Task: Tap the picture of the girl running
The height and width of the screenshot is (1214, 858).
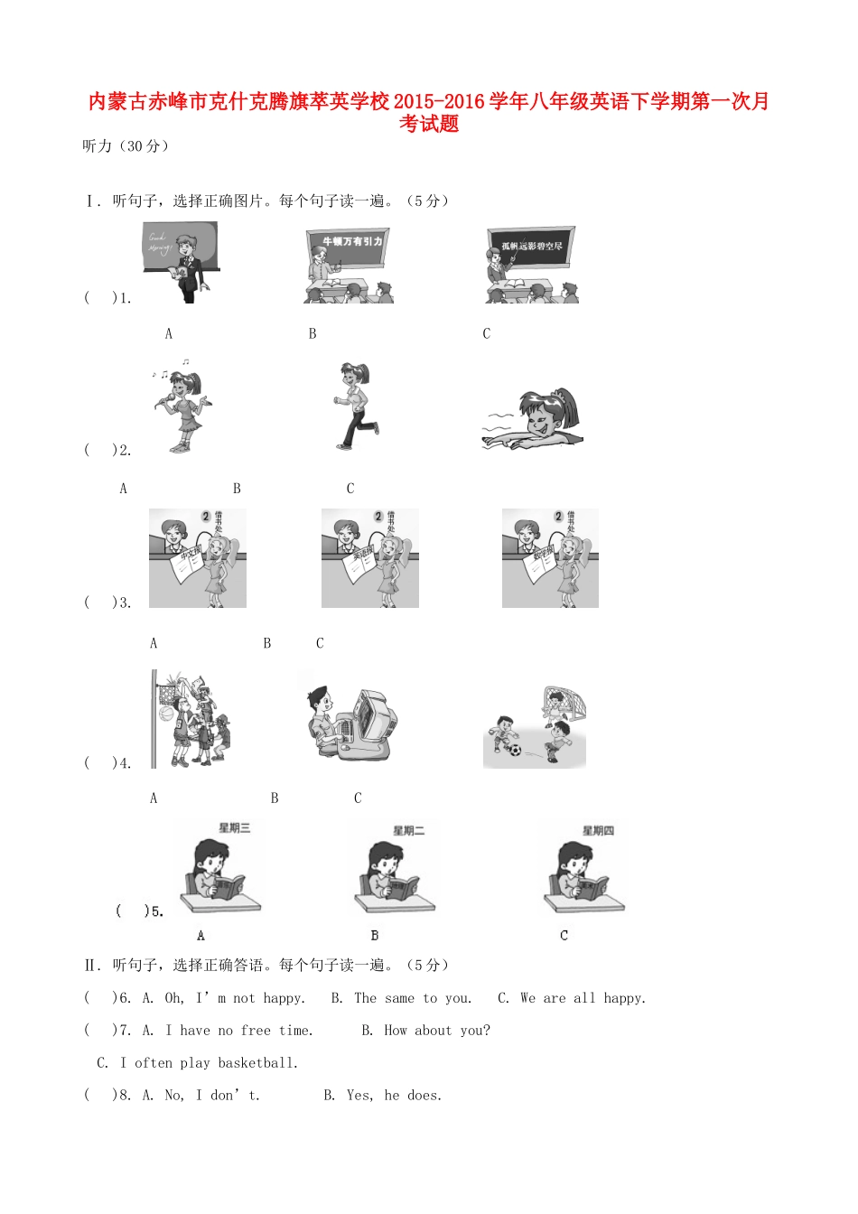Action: pos(355,406)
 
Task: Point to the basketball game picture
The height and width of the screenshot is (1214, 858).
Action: pos(191,720)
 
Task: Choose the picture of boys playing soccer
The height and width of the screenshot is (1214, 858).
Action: pos(535,728)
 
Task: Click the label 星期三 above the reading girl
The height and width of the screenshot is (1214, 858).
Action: pos(235,828)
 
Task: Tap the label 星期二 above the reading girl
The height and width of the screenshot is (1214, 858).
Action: pos(408,831)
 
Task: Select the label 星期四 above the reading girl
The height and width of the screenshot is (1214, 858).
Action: pos(598,831)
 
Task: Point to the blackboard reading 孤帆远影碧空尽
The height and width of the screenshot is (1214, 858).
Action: pos(532,246)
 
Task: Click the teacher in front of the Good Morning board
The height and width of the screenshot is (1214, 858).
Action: pos(186,268)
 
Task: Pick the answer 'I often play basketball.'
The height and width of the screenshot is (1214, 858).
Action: pos(209,1063)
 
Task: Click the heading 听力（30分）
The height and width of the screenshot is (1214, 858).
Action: pos(126,146)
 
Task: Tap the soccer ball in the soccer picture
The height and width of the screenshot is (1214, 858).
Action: pos(515,749)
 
